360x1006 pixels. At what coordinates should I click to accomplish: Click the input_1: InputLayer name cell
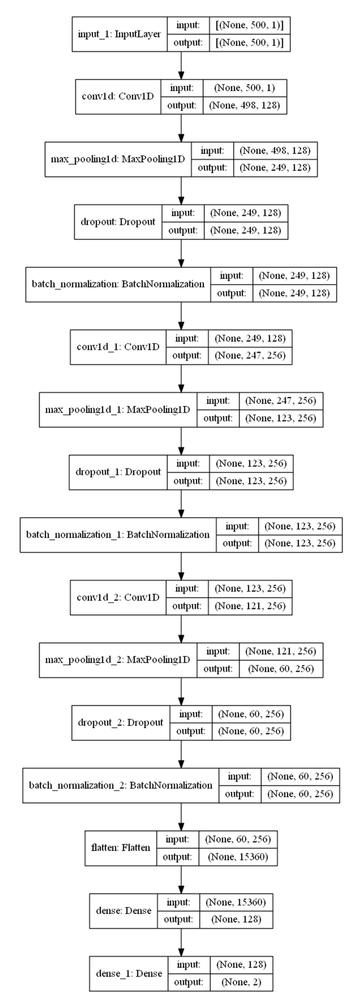120,34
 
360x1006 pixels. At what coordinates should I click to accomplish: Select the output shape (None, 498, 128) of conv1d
244,106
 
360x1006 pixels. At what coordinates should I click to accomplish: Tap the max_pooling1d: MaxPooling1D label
118,159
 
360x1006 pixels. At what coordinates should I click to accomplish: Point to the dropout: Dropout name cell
118,222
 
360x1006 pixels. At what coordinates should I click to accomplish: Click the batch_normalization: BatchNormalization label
118,284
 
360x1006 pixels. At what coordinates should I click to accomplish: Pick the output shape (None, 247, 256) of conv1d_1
250,355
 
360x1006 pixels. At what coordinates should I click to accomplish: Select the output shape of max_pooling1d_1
280,418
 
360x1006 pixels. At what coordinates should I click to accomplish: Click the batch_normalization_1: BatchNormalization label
118,535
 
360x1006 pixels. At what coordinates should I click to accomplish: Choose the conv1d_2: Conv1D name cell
118,597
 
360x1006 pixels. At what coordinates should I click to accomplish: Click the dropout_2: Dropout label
120,722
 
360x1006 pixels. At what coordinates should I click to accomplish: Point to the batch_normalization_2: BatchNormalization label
120,785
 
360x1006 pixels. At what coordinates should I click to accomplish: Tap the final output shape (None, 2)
241,982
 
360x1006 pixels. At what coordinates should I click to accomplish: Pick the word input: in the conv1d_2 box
187,588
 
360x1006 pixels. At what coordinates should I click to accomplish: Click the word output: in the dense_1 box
189,982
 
